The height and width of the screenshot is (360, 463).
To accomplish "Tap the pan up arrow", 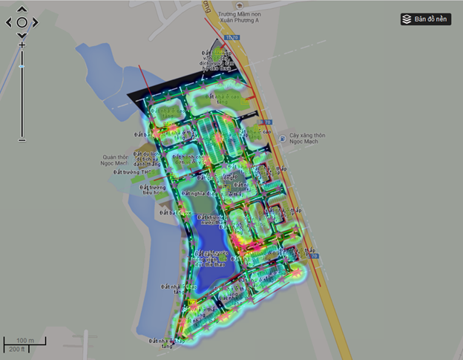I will click(x=22, y=10).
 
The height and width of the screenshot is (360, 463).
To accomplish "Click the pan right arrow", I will click(x=34, y=22).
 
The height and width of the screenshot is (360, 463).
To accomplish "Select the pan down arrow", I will click(x=22, y=35).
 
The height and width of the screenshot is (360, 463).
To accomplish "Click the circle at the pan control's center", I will click(x=22, y=22).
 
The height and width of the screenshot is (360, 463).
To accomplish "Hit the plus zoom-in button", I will click(x=22, y=45).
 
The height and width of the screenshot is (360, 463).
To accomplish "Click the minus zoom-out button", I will click(x=22, y=139).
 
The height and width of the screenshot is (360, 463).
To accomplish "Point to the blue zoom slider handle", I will click(x=22, y=67).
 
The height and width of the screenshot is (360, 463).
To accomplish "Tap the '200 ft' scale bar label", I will click(x=16, y=348).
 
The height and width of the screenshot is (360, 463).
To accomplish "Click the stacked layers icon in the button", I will click(x=407, y=19).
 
